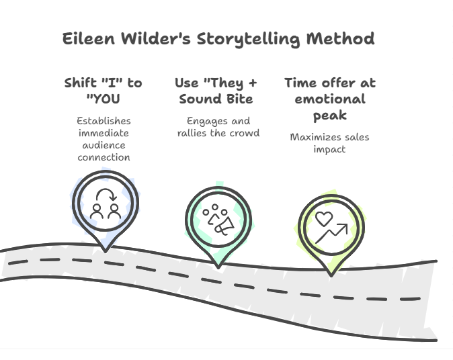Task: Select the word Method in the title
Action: pos(340,38)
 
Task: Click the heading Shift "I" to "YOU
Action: pos(103,91)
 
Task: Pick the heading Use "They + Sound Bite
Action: pos(216,91)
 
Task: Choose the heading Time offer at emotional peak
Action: pos(329,99)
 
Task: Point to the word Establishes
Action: pos(104,121)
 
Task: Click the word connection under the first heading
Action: pos(104,157)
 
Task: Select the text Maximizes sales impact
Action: pos(329,143)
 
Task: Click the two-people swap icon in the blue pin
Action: pos(105,204)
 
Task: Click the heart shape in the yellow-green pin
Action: pos(324,219)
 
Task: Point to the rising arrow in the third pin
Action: pos(332,234)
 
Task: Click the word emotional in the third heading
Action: pos(329,99)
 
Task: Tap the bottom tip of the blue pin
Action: pos(104,250)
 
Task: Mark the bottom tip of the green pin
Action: pos(218,267)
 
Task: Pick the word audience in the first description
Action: pos(104,145)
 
